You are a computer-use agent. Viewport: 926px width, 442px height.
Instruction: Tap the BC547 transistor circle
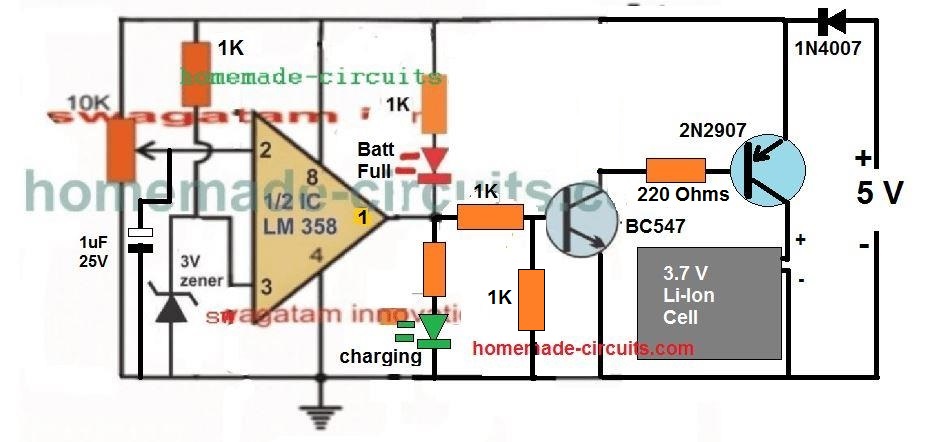click(584, 218)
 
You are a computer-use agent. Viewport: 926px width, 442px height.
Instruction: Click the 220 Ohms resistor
click(676, 171)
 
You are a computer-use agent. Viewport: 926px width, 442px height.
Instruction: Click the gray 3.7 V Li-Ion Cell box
click(710, 303)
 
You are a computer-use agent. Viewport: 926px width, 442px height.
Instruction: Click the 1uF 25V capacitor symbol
click(143, 241)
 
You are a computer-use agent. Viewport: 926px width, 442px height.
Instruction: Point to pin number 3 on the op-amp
click(265, 287)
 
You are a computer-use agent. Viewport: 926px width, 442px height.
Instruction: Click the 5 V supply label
click(881, 194)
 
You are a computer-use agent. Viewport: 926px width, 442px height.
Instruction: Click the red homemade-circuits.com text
click(582, 348)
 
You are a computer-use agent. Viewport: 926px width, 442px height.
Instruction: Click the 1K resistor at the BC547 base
click(490, 217)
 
